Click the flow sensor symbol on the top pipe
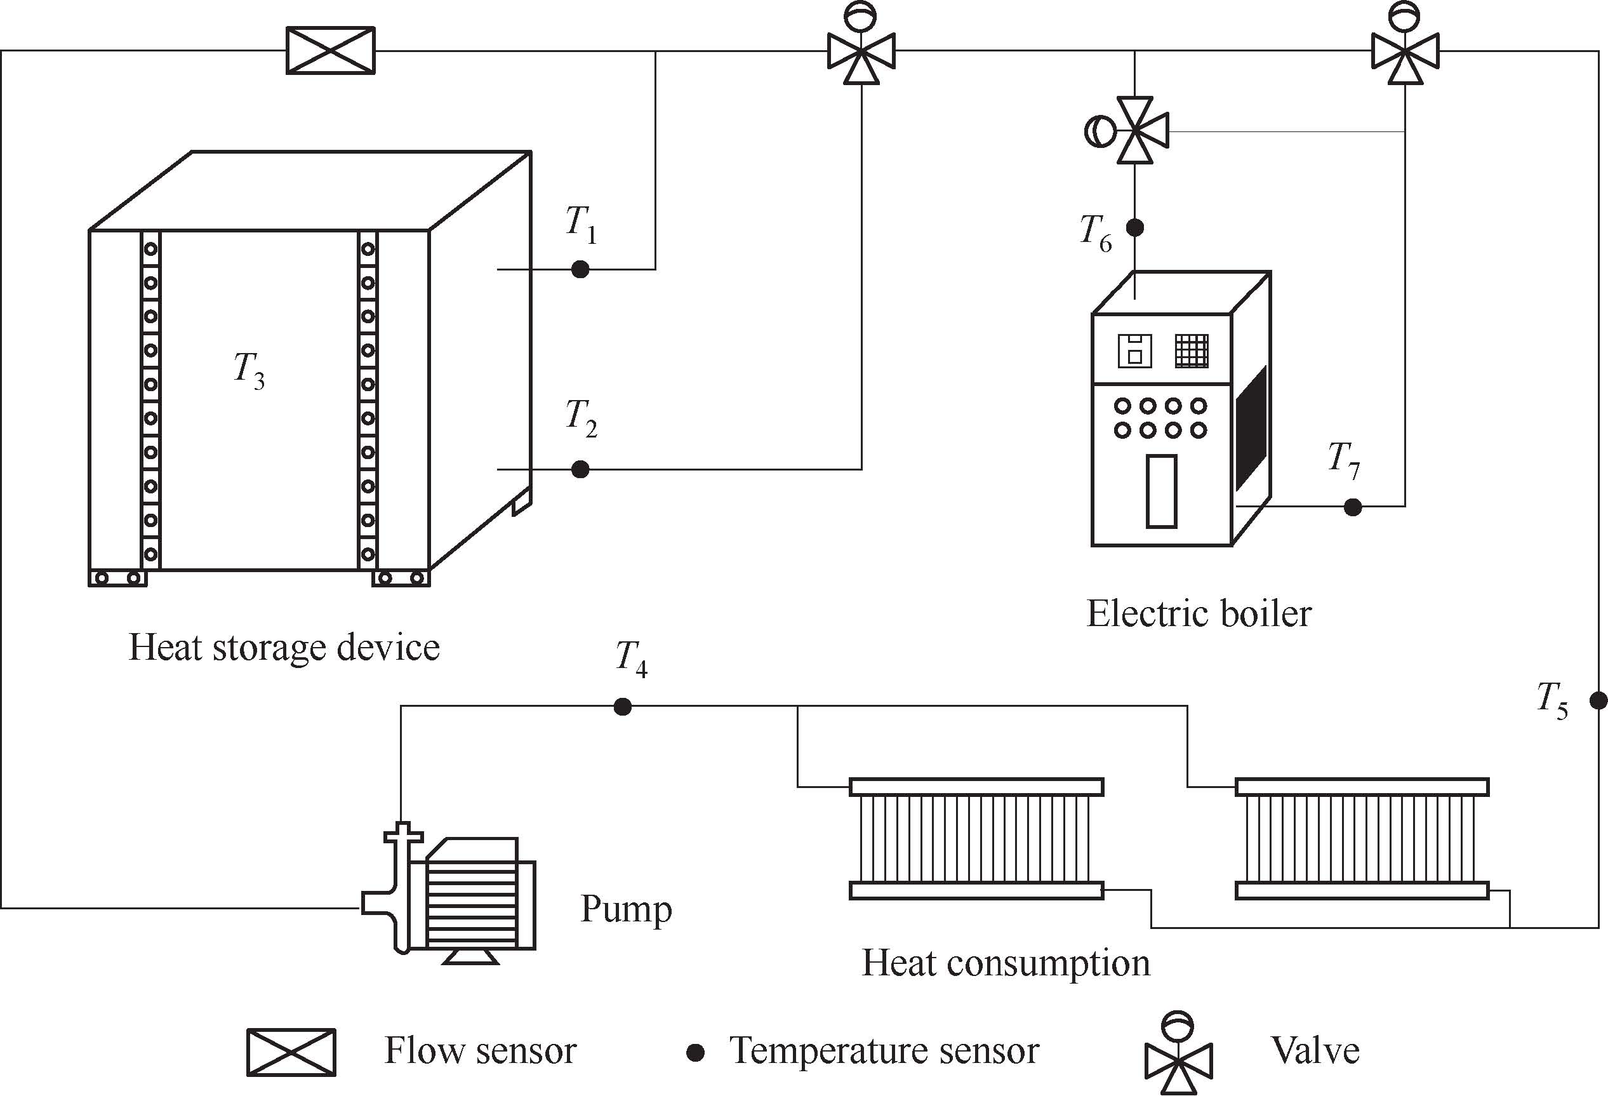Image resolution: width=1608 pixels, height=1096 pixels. click(x=331, y=51)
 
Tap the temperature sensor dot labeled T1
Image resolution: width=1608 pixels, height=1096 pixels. click(x=580, y=269)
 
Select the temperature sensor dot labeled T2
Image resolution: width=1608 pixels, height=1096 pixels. click(x=580, y=469)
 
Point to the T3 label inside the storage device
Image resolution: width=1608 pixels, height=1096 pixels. click(x=249, y=371)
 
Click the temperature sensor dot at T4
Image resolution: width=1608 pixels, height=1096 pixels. click(x=623, y=707)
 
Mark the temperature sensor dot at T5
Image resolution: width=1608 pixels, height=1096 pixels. click(x=1598, y=701)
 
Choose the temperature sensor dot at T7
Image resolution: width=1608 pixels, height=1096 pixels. click(x=1353, y=507)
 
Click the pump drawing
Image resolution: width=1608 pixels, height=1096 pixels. click(x=449, y=893)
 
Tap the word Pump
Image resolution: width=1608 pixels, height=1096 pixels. click(x=626, y=910)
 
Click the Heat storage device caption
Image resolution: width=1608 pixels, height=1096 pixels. click(x=284, y=648)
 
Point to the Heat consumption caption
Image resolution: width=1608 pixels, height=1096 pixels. click(x=1006, y=963)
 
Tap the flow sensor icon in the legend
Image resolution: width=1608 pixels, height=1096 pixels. click(x=291, y=1052)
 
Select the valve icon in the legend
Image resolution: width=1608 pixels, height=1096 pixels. click(x=1178, y=1052)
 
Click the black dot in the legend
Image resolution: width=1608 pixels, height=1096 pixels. click(x=695, y=1053)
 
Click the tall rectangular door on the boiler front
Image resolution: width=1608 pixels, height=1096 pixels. click(x=1162, y=491)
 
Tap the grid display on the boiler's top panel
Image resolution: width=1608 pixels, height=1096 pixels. click(x=1192, y=351)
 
